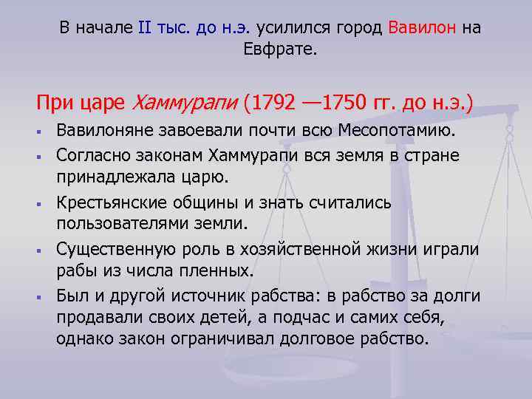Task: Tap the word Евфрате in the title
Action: coord(271,51)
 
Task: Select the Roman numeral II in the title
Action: coord(144,29)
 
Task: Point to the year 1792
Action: coord(279,100)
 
